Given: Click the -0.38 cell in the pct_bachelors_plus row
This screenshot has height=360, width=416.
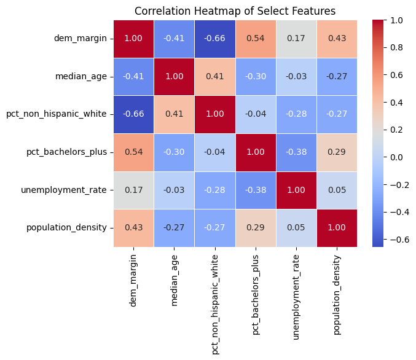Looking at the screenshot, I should click(296, 152).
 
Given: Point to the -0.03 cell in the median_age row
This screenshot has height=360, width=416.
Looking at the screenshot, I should click(296, 77).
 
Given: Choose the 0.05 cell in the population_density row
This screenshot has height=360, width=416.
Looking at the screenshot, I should click(296, 228).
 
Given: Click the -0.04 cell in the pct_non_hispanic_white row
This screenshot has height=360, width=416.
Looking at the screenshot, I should click(254, 114).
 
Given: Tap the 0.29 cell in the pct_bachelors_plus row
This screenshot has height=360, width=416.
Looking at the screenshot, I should click(337, 152).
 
